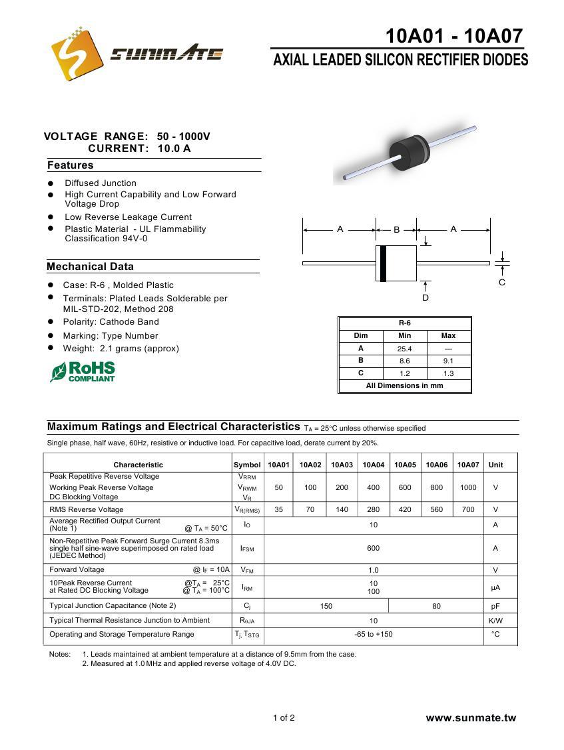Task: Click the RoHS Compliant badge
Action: click(83, 371)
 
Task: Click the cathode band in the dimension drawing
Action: click(383, 263)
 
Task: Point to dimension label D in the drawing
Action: click(425, 297)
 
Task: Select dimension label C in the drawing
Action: click(502, 282)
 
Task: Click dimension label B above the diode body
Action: click(396, 229)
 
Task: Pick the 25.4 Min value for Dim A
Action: click(404, 349)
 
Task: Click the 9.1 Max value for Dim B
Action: click(448, 361)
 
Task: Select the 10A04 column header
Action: click(373, 465)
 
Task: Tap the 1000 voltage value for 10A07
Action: click(468, 487)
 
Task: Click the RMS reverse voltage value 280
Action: click(373, 509)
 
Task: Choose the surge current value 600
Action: click(373, 548)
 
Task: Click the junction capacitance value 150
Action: click(326, 606)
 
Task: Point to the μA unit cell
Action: click(495, 587)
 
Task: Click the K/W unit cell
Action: click(495, 621)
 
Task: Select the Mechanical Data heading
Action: click(90, 267)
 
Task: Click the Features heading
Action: click(71, 165)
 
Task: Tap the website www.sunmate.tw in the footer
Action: click(471, 718)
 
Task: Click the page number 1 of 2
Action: click(284, 718)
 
